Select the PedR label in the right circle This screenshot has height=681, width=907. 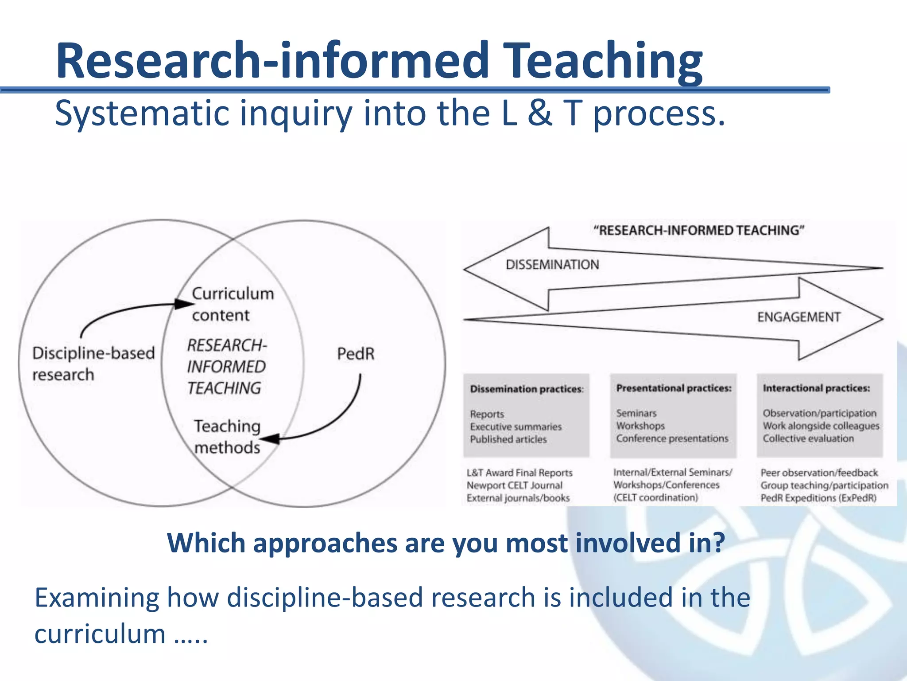click(356, 354)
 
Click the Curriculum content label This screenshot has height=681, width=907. click(233, 304)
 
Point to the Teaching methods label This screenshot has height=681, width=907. click(227, 437)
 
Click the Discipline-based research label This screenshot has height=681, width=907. click(93, 364)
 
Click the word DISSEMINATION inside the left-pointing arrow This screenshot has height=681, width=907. click(552, 265)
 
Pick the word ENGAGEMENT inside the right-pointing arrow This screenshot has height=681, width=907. click(798, 317)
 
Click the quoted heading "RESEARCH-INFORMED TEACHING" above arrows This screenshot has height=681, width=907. click(699, 231)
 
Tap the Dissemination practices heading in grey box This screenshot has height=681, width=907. click(527, 389)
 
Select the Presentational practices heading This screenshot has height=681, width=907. click(674, 388)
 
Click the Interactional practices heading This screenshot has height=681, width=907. click(816, 388)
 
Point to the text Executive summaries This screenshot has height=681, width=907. click(516, 427)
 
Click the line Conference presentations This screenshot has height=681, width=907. click(672, 438)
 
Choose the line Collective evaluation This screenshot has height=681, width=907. click(808, 438)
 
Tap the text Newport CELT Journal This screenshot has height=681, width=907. click(514, 485)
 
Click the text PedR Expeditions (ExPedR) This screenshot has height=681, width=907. click(818, 498)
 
